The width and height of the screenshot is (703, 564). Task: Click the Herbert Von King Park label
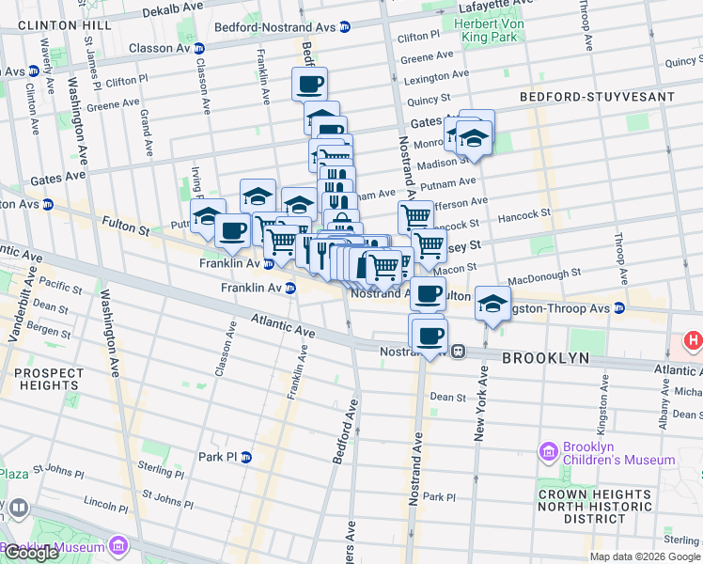click(x=495, y=30)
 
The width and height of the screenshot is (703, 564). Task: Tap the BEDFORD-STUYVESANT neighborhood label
click(x=596, y=97)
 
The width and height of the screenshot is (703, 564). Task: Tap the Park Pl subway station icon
click(x=246, y=458)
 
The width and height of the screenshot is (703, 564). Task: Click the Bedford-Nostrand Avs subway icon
click(x=345, y=28)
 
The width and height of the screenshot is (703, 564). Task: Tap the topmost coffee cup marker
click(x=309, y=86)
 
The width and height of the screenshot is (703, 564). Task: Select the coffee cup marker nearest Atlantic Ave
click(x=430, y=336)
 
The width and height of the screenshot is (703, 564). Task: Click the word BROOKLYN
click(x=545, y=358)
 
